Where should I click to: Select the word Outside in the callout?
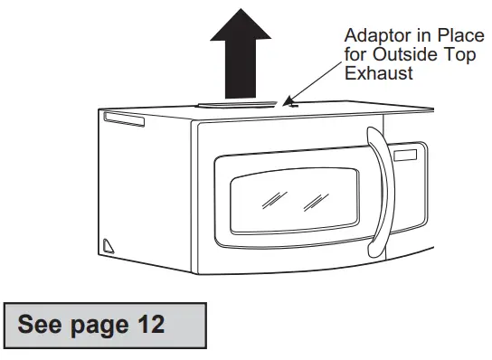[x=401, y=55]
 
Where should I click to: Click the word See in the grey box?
[x=43, y=323]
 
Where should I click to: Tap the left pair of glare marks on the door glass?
[x=271, y=199]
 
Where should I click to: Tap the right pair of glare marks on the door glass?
[x=314, y=199]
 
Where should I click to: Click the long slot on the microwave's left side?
[x=124, y=120]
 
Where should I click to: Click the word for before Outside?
[x=355, y=55]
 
